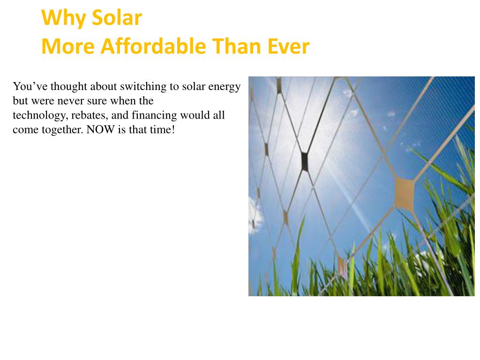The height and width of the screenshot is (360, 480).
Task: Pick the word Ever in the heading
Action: coord(289,46)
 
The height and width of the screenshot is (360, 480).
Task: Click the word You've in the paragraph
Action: coord(30,87)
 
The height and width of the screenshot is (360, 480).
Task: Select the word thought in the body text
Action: coord(68,87)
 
